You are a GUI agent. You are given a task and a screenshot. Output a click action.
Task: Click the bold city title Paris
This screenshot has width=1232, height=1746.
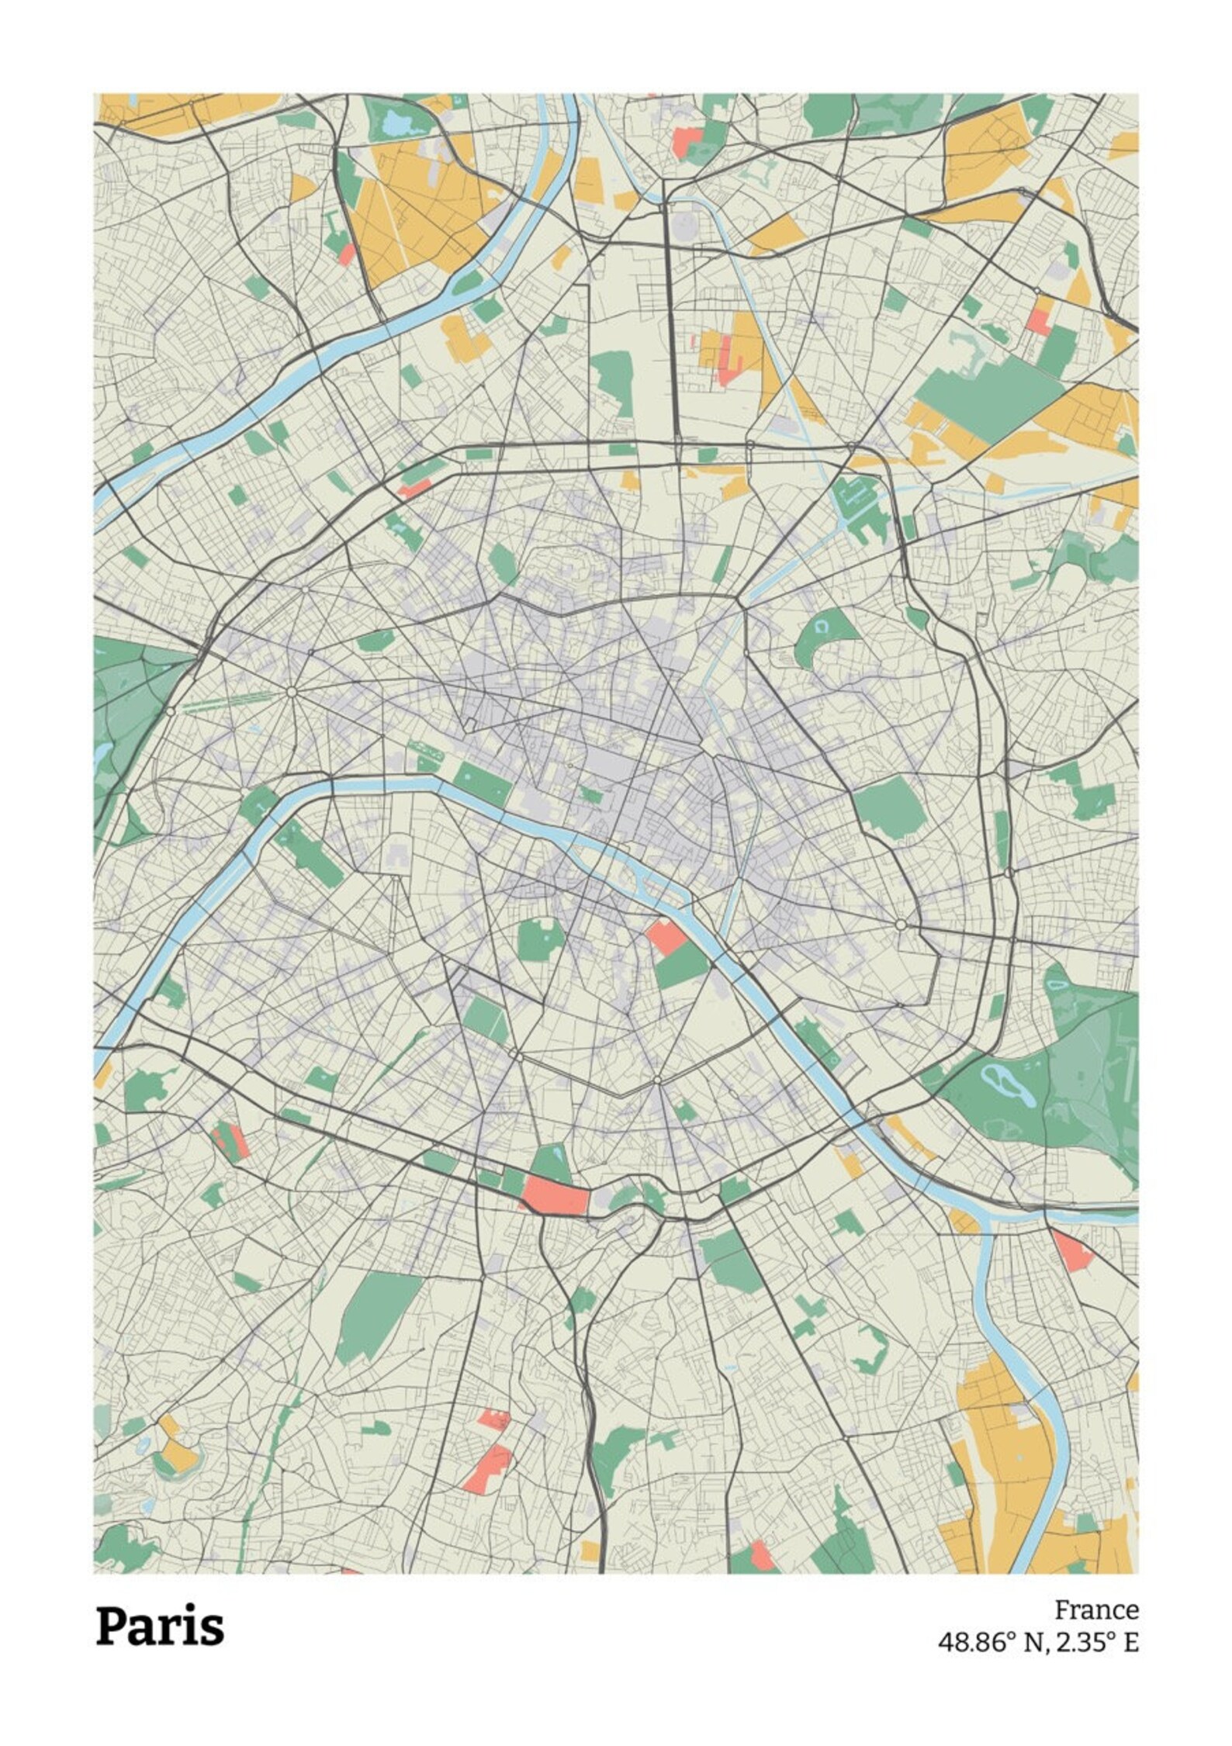coord(160,1606)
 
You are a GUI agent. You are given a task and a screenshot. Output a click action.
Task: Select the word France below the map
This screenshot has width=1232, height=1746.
coord(1096,1589)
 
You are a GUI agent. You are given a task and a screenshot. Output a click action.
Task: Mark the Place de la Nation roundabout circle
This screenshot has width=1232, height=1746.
coord(900,925)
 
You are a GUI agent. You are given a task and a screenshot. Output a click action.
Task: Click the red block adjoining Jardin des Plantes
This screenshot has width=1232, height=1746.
coord(666,936)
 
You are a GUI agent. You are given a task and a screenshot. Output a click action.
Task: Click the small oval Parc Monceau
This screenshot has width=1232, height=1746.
coord(504,565)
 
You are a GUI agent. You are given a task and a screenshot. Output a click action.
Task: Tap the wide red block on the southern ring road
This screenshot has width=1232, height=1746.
coord(555,1196)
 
